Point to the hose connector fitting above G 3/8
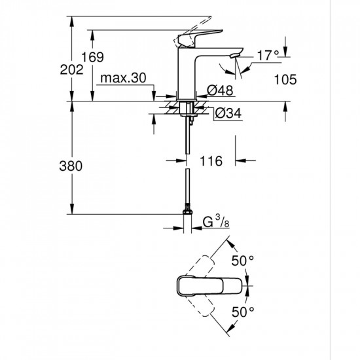pos(189,213)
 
